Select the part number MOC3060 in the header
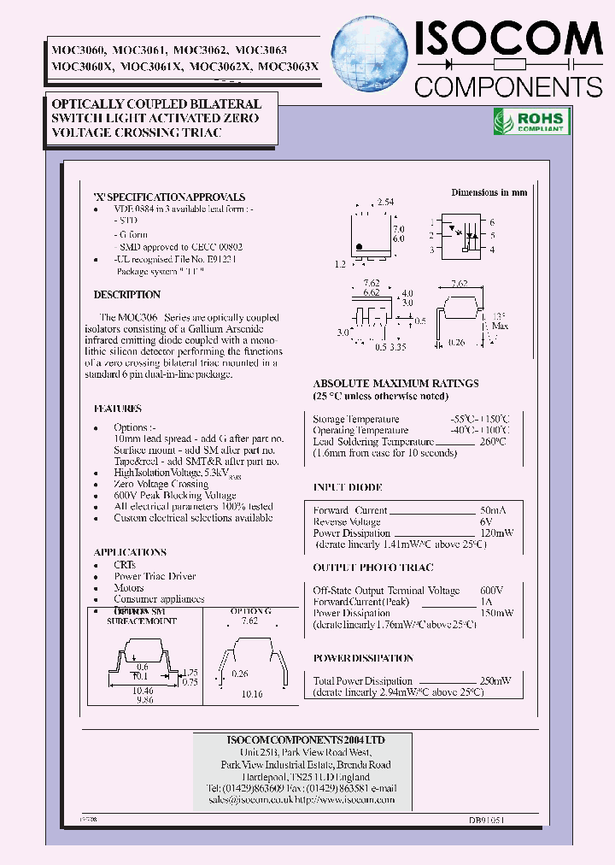click(74, 50)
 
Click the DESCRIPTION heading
click(127, 295)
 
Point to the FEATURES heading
click(118, 409)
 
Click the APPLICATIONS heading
click(130, 553)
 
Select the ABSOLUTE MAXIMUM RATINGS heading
click(395, 384)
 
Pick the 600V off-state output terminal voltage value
click(492, 591)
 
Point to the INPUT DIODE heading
click(348, 487)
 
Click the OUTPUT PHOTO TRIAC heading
click(372, 568)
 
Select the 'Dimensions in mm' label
click(489, 192)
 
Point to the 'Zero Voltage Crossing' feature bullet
click(161, 484)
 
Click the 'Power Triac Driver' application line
click(155, 576)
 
